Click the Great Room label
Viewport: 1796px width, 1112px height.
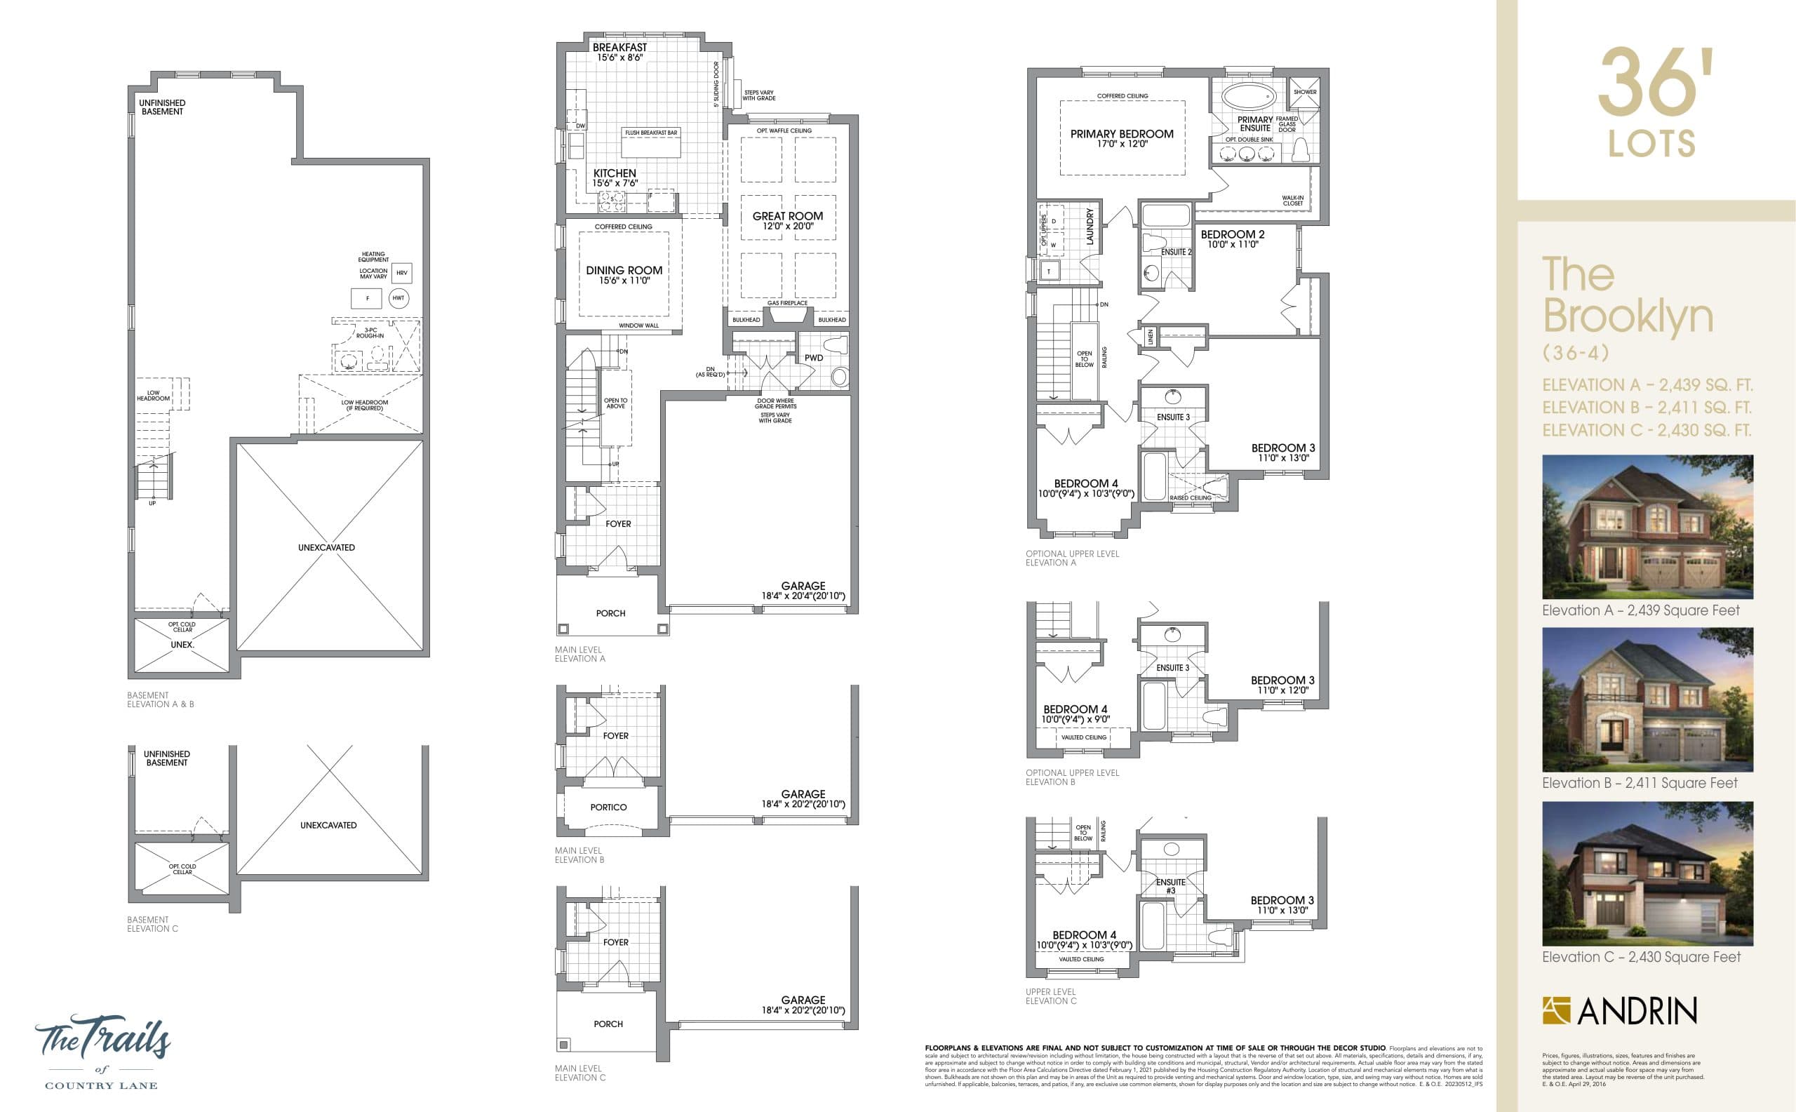(x=787, y=216)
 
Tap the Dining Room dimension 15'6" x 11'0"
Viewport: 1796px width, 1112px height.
(x=624, y=281)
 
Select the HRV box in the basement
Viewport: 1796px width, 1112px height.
(x=401, y=273)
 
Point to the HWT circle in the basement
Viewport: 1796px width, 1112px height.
(x=398, y=298)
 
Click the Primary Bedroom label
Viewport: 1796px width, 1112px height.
(x=1122, y=134)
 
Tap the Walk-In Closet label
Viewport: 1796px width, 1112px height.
(x=1292, y=200)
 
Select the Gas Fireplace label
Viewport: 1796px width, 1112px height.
(x=787, y=303)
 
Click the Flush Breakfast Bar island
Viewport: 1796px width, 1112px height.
(x=651, y=142)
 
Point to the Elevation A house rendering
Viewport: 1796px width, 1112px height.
(x=1647, y=527)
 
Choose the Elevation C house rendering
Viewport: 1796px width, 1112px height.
(x=1647, y=873)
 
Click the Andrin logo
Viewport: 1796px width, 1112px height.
(x=1619, y=1010)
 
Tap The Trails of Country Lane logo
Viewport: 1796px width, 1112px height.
(x=102, y=1050)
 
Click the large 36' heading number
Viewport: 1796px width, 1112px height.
(x=1651, y=83)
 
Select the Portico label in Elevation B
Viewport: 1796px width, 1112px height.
(x=608, y=807)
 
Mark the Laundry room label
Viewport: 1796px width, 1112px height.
(x=1090, y=227)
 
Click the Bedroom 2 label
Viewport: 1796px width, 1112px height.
(x=1233, y=234)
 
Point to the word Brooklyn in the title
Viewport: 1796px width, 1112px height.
(x=1628, y=316)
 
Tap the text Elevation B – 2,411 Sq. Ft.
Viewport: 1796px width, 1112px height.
(x=1647, y=408)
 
